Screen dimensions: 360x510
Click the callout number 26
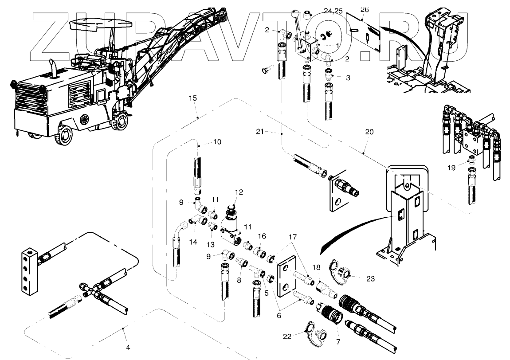pyautogui.click(x=365, y=9)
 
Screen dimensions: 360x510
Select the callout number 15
pyautogui.click(x=192, y=98)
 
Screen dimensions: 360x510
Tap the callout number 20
pyautogui.click(x=369, y=132)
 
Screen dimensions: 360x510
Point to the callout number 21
pyautogui.click(x=260, y=131)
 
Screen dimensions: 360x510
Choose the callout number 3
pyautogui.click(x=348, y=78)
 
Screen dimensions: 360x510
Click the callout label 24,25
pyautogui.click(x=333, y=11)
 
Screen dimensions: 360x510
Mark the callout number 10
pyautogui.click(x=217, y=142)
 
